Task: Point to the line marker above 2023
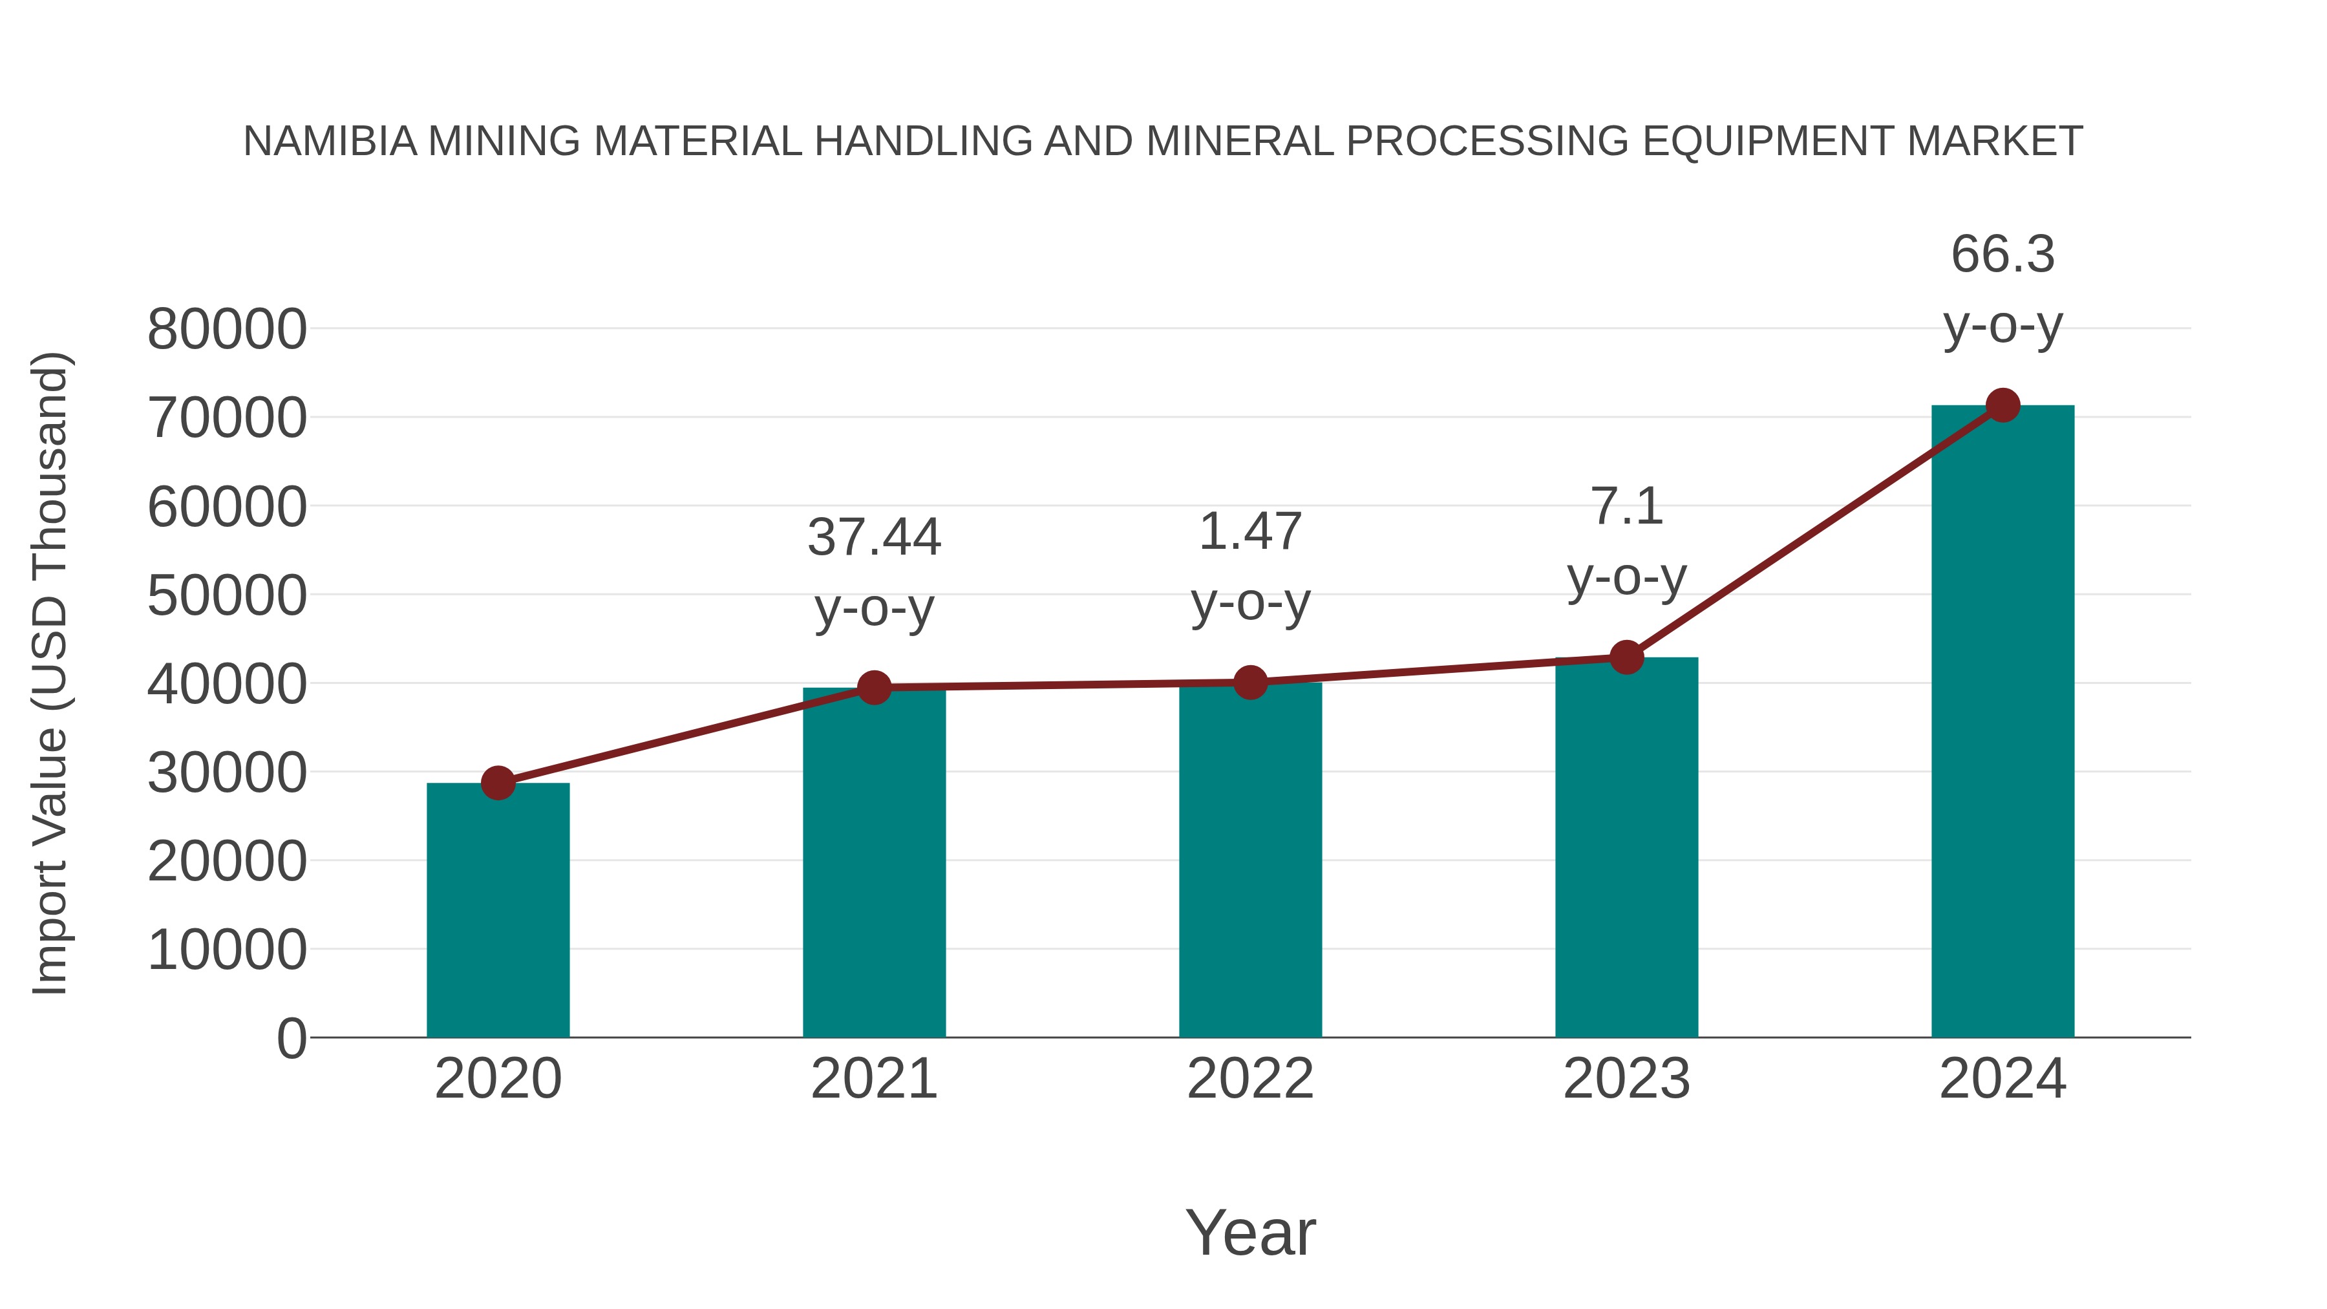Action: point(1626,657)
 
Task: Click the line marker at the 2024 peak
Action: point(2003,405)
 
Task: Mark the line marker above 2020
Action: point(498,782)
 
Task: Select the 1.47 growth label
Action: point(1250,531)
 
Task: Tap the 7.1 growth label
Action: point(1626,506)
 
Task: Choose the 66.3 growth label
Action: point(2003,254)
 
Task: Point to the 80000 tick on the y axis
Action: point(227,330)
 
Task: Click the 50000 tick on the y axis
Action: point(227,596)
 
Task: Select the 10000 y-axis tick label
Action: point(227,950)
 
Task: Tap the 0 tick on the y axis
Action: point(292,1039)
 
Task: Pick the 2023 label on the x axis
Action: point(1626,1079)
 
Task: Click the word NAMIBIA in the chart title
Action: point(330,142)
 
